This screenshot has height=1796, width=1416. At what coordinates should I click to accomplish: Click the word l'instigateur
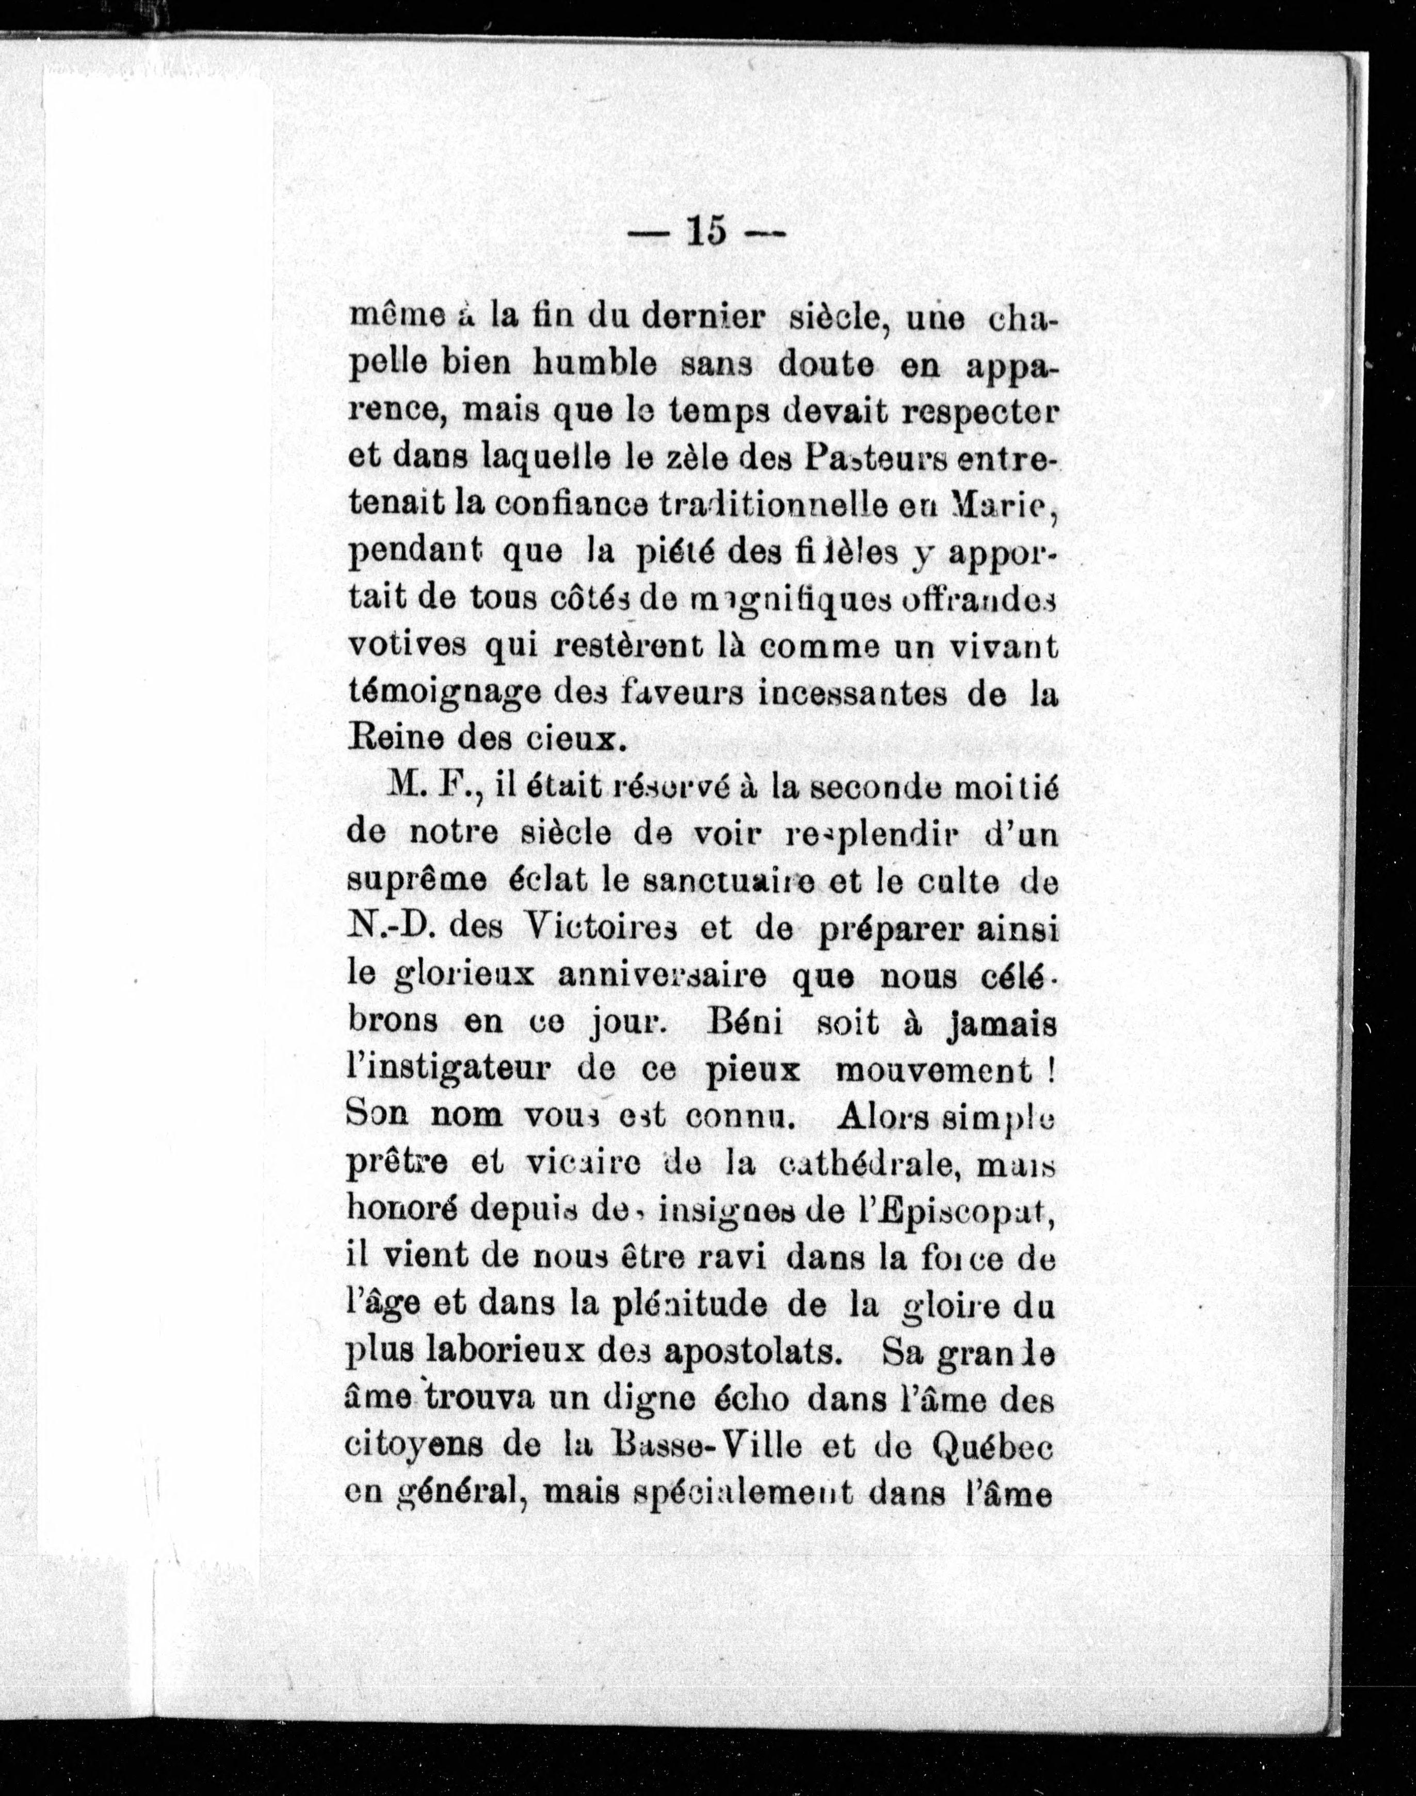[x=448, y=1070]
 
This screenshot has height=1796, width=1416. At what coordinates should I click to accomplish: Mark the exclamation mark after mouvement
[x=1051, y=1070]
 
